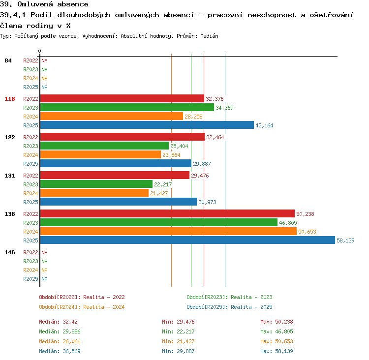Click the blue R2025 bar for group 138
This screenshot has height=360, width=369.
pyautogui.click(x=187, y=240)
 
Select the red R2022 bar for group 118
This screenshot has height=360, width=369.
pyautogui.click(x=122, y=98)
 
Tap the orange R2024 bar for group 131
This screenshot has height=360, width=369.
pyautogui.click(x=94, y=193)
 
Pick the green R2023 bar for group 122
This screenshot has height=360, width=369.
pyautogui.click(x=104, y=146)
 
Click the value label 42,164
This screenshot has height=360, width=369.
pyautogui.click(x=264, y=125)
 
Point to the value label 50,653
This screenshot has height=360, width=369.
pyautogui.click(x=307, y=232)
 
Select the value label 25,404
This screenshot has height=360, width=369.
pyautogui.click(x=179, y=146)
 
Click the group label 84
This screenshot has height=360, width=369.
pyautogui.click(x=8, y=60)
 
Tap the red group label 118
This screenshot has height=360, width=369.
pyautogui.click(x=10, y=99)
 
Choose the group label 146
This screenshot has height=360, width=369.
pyautogui.click(x=10, y=252)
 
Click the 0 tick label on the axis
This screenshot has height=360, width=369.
pyautogui.click(x=39, y=51)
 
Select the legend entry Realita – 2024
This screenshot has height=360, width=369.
pyautogui.click(x=104, y=307)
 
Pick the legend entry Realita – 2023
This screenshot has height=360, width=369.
pyautogui.click(x=251, y=297)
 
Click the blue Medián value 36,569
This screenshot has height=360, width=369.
pyautogui.click(x=71, y=351)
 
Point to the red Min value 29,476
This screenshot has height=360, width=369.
pyautogui.click(x=185, y=322)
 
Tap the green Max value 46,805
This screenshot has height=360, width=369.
pyautogui.click(x=284, y=331)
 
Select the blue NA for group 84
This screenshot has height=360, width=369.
pyautogui.click(x=44, y=87)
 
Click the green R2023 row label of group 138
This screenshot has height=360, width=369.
pyautogui.click(x=31, y=223)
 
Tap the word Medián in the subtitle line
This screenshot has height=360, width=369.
pyautogui.click(x=209, y=36)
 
